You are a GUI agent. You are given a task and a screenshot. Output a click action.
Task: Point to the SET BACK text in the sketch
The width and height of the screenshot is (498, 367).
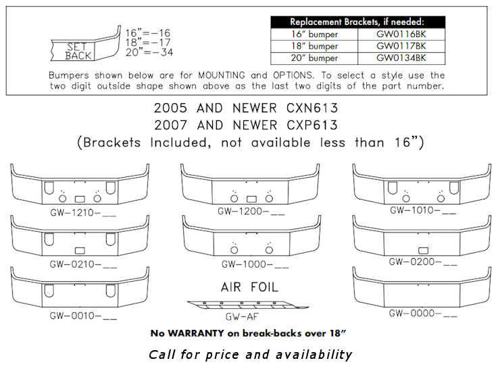pos(78,51)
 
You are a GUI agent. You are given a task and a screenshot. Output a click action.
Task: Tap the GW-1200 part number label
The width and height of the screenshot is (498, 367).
pos(251,212)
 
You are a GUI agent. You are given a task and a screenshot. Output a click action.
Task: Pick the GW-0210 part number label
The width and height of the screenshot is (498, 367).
pos(83,264)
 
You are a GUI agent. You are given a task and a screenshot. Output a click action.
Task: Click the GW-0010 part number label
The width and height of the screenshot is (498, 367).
pos(83,315)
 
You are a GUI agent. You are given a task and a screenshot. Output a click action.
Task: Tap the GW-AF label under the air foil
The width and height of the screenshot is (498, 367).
pos(240,316)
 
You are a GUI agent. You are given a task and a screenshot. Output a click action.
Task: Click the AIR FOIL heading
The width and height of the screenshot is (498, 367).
pos(250,286)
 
